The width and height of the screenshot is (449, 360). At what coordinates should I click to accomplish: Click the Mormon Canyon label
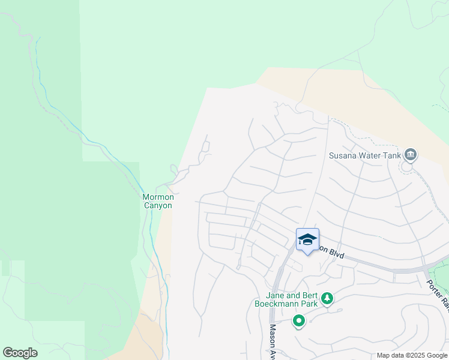tap(158, 201)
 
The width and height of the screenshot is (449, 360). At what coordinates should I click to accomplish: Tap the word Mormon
tap(158, 197)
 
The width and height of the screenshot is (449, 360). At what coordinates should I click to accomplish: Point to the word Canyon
tap(158, 206)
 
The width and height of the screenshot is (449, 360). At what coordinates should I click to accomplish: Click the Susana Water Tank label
tap(365, 155)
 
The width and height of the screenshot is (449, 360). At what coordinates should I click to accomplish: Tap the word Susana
tap(343, 155)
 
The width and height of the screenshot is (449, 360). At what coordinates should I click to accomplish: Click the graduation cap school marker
tap(307, 239)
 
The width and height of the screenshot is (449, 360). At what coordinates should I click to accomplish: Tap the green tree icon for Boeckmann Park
tap(327, 298)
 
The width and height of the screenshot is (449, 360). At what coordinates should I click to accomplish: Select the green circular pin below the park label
tap(298, 322)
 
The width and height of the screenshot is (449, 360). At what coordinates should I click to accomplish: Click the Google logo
tap(20, 353)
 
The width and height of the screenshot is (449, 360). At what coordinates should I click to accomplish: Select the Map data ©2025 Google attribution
tap(412, 355)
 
